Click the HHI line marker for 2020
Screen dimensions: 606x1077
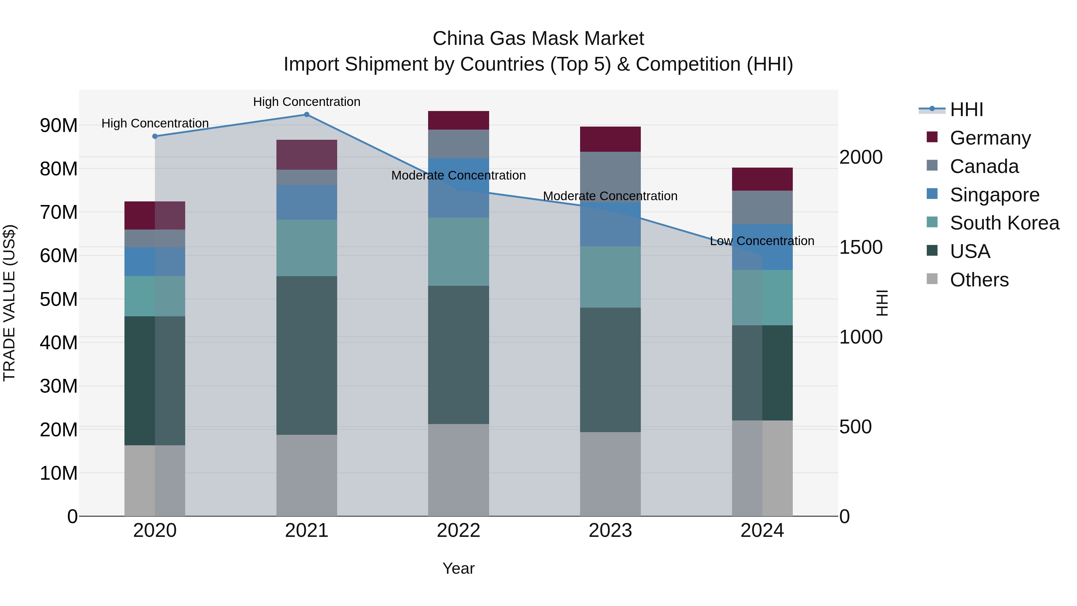coord(155,136)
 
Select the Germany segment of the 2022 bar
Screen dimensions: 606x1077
coord(458,120)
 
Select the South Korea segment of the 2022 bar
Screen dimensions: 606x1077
coord(458,252)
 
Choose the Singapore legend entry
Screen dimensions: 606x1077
coord(994,195)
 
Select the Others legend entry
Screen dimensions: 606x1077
coord(979,280)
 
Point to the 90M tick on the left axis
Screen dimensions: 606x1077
coord(59,125)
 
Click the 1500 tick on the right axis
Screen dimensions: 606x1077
coord(861,247)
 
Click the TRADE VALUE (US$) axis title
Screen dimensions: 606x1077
coord(9,303)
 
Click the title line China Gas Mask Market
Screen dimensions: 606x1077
coord(538,39)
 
